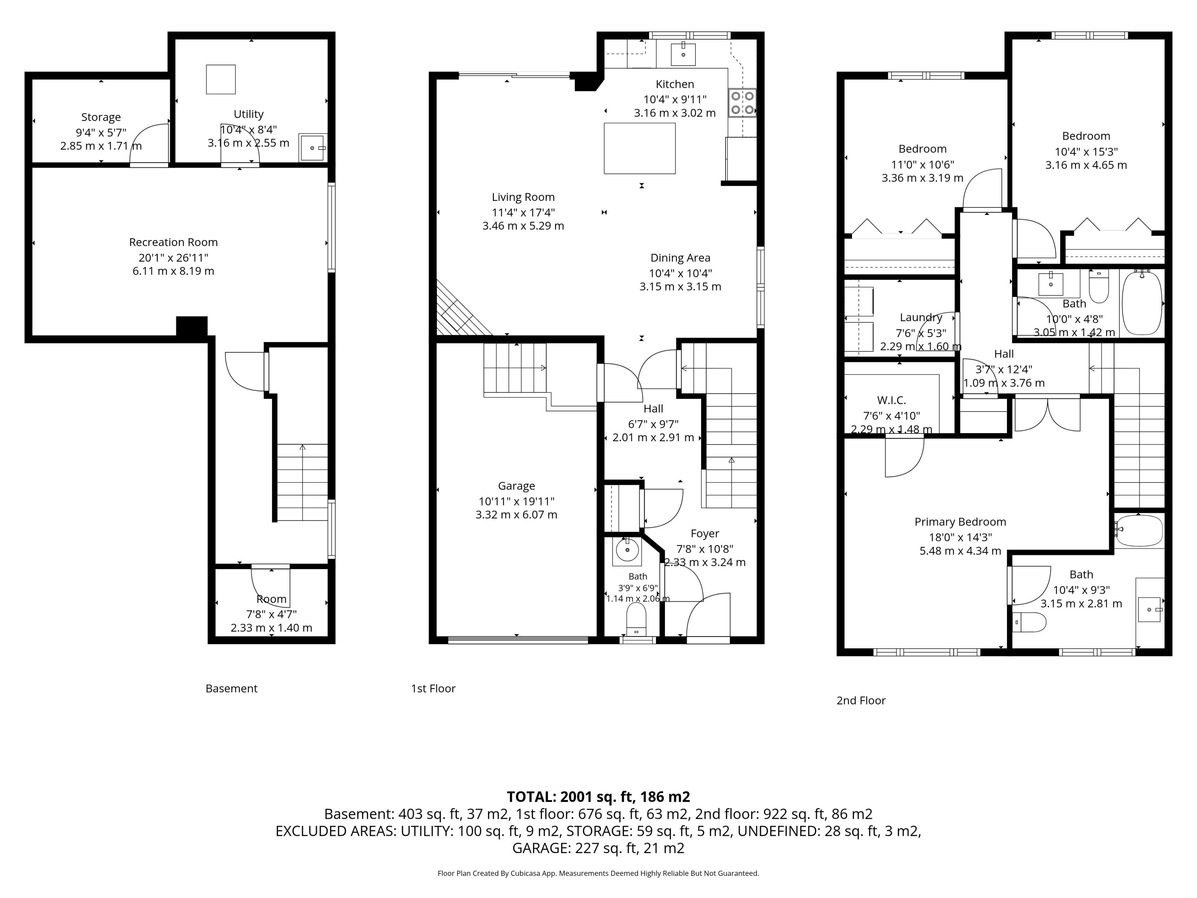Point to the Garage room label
(516, 486)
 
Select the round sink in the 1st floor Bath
(628, 550)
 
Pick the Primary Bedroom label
(960, 522)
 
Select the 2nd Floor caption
(861, 700)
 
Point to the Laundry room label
(921, 318)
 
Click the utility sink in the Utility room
(313, 147)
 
